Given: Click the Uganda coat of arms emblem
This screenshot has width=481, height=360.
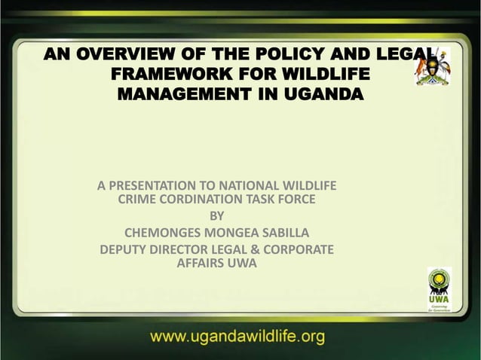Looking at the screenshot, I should coord(433,72).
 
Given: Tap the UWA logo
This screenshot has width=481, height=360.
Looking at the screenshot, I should coord(440,291).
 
